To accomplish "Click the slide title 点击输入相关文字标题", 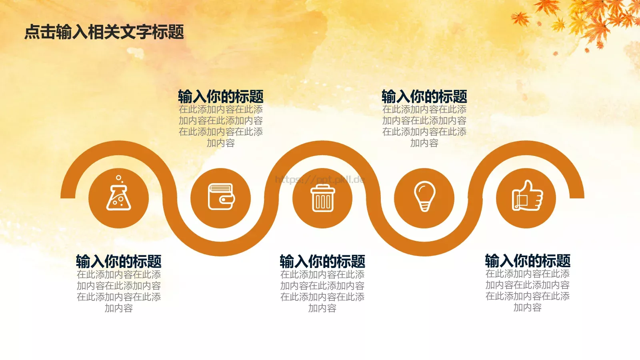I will click(104, 32).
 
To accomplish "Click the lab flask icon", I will click(118, 196).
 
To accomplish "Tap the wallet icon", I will click(221, 197).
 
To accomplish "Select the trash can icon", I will click(322, 198).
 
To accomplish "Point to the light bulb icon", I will click(424, 196).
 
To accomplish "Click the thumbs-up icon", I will click(527, 196).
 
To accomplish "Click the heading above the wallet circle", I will click(221, 97).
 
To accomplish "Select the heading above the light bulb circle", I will click(424, 97).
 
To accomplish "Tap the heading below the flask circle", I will click(119, 262).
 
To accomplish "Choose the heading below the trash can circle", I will click(322, 262).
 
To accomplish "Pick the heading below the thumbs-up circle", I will click(528, 261).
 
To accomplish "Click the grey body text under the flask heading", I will click(119, 291).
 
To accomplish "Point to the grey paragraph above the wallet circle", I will click(221, 126).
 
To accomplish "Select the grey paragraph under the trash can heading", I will click(322, 291).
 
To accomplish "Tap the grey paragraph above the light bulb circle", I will click(424, 126).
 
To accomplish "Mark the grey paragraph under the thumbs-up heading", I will click(528, 290).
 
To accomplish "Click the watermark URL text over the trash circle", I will click(320, 180).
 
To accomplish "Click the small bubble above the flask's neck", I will click(118, 178).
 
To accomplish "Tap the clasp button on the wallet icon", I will click(229, 199).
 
